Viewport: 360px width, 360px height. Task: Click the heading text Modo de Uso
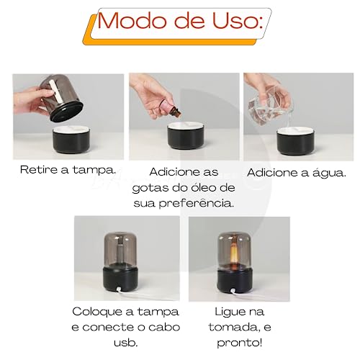tap(179, 21)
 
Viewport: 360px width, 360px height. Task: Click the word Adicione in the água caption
tap(274, 173)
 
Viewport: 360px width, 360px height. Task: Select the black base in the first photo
tap(73, 141)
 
